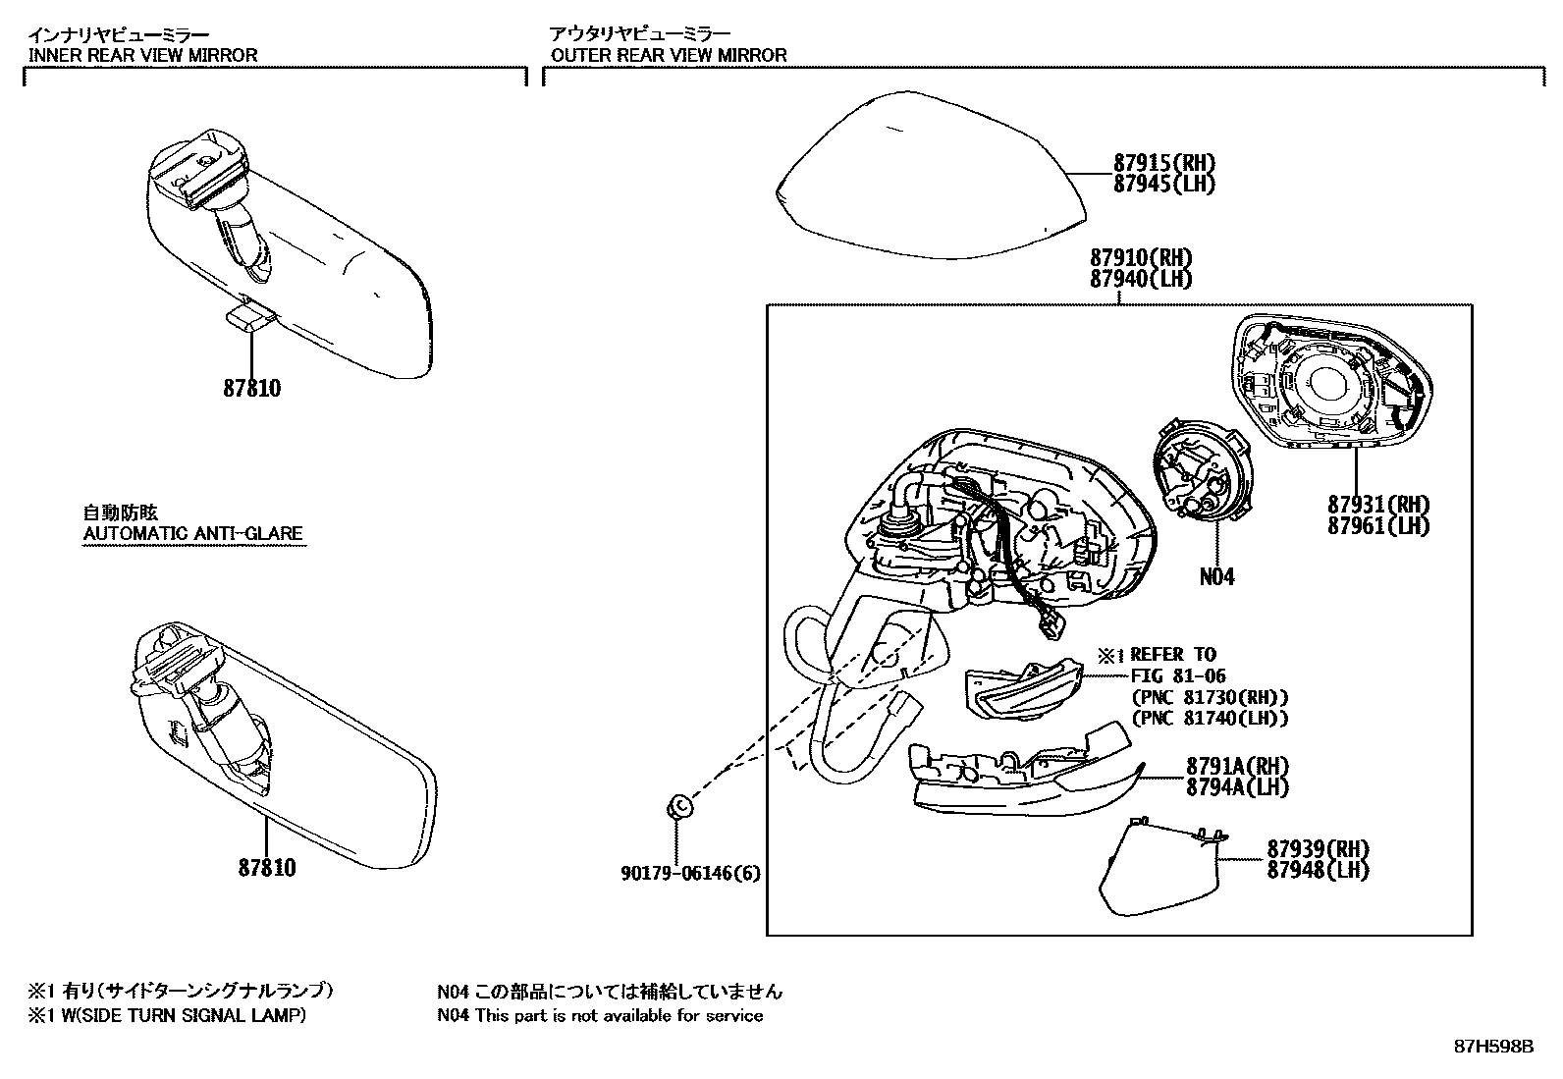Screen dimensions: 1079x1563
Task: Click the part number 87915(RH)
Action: point(1163,163)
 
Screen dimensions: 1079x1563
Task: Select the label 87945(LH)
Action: point(1163,184)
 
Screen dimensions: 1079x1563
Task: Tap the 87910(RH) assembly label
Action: point(1140,257)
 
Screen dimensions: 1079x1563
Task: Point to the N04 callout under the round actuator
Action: point(1216,576)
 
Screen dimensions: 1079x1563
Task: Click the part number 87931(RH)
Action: point(1378,505)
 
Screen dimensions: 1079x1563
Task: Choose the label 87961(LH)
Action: point(1378,525)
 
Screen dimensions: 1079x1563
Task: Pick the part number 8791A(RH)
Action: point(1237,766)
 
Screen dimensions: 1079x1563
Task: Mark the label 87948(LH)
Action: point(1318,869)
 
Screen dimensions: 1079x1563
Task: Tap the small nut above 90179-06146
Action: point(679,807)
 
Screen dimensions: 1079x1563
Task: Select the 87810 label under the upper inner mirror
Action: point(251,389)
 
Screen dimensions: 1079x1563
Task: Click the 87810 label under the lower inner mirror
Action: point(266,868)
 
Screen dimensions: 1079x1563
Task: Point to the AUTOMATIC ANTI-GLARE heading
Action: point(193,534)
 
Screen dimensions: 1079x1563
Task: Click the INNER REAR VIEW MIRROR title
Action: point(143,55)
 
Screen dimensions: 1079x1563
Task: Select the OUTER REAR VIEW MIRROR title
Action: point(669,55)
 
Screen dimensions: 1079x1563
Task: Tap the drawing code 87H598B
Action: point(1492,1046)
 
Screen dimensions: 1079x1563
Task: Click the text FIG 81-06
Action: point(1178,675)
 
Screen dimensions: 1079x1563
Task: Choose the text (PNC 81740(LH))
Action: point(1210,718)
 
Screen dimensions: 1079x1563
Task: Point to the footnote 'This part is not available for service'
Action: point(619,1015)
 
